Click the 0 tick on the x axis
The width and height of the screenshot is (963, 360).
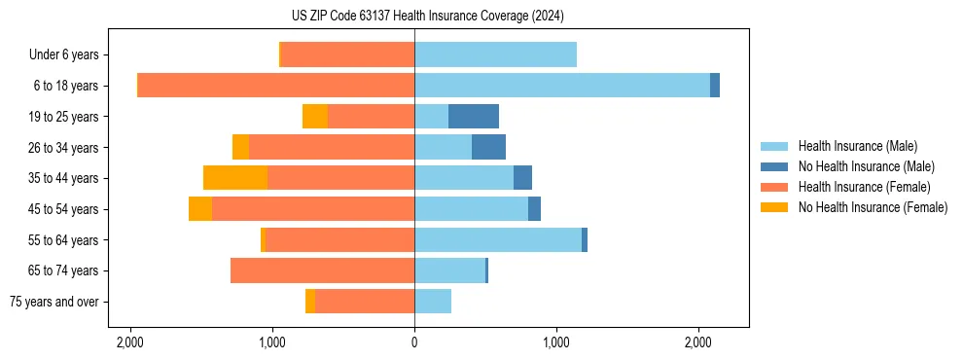[414, 342]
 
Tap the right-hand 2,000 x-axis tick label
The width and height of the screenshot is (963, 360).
[698, 342]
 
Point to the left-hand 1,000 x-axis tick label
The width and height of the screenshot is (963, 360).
[272, 342]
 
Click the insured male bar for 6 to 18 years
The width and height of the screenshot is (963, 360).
[562, 86]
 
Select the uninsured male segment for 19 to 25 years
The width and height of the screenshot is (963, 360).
[474, 117]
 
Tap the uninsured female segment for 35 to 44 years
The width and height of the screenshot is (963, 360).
[235, 178]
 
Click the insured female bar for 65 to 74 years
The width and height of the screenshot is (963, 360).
[322, 270]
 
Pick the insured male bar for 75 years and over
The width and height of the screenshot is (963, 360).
[433, 302]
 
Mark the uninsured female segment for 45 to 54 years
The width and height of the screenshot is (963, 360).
[200, 209]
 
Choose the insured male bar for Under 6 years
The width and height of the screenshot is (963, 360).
[495, 55]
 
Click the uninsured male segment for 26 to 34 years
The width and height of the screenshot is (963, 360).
[488, 148]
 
